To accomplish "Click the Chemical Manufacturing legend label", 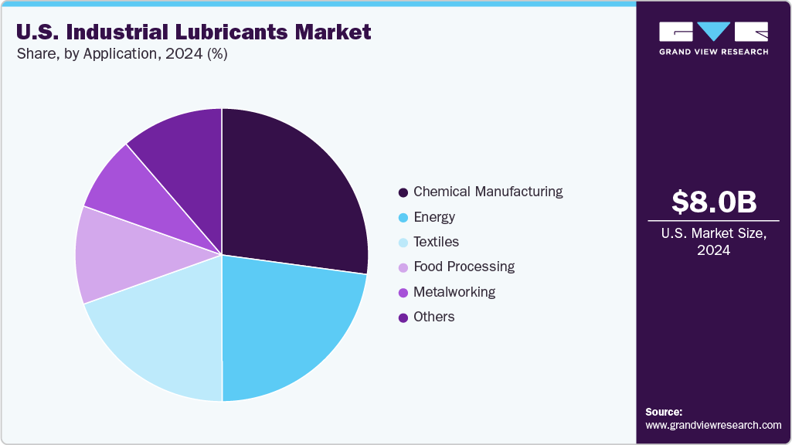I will tap(488, 192).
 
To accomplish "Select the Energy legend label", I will tap(434, 217).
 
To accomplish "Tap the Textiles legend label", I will tap(436, 242).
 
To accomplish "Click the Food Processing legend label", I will tap(464, 267).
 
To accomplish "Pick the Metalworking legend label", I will tap(454, 292).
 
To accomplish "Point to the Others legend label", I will tap(433, 317).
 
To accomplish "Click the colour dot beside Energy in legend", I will tap(403, 217).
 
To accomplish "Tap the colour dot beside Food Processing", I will tap(403, 267).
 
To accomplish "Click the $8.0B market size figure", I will tap(713, 202).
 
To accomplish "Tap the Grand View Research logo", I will tap(713, 38).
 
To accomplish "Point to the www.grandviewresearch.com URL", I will tap(713, 425).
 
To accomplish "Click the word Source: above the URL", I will tap(664, 412).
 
